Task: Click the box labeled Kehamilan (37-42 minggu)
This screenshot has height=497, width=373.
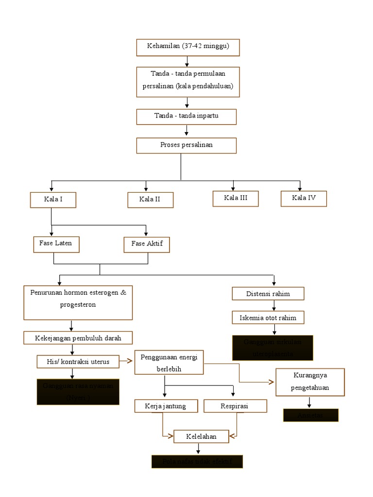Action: click(187, 47)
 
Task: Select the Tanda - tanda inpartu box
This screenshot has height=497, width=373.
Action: click(186, 116)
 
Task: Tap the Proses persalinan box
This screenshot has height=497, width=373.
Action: click(186, 146)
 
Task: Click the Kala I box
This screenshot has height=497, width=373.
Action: click(53, 200)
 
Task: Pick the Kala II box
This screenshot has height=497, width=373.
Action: click(150, 200)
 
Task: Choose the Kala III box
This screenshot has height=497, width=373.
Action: click(236, 198)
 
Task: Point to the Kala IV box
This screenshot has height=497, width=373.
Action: click(304, 198)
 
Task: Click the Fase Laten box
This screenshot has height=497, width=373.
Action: click(56, 244)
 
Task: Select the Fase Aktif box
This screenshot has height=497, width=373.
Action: click(147, 245)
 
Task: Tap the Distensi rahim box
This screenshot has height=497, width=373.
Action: click(268, 294)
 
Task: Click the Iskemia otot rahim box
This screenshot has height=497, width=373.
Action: click(268, 318)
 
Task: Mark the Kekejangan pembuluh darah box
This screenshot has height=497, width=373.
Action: click(78, 338)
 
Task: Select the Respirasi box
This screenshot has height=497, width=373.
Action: click(235, 406)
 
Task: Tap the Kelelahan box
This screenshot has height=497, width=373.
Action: click(201, 437)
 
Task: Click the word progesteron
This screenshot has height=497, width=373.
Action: click(78, 305)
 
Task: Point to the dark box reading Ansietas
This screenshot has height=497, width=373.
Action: click(311, 415)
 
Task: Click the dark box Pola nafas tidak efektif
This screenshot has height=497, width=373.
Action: click(197, 462)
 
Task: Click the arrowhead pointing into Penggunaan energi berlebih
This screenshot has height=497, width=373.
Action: click(131, 361)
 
